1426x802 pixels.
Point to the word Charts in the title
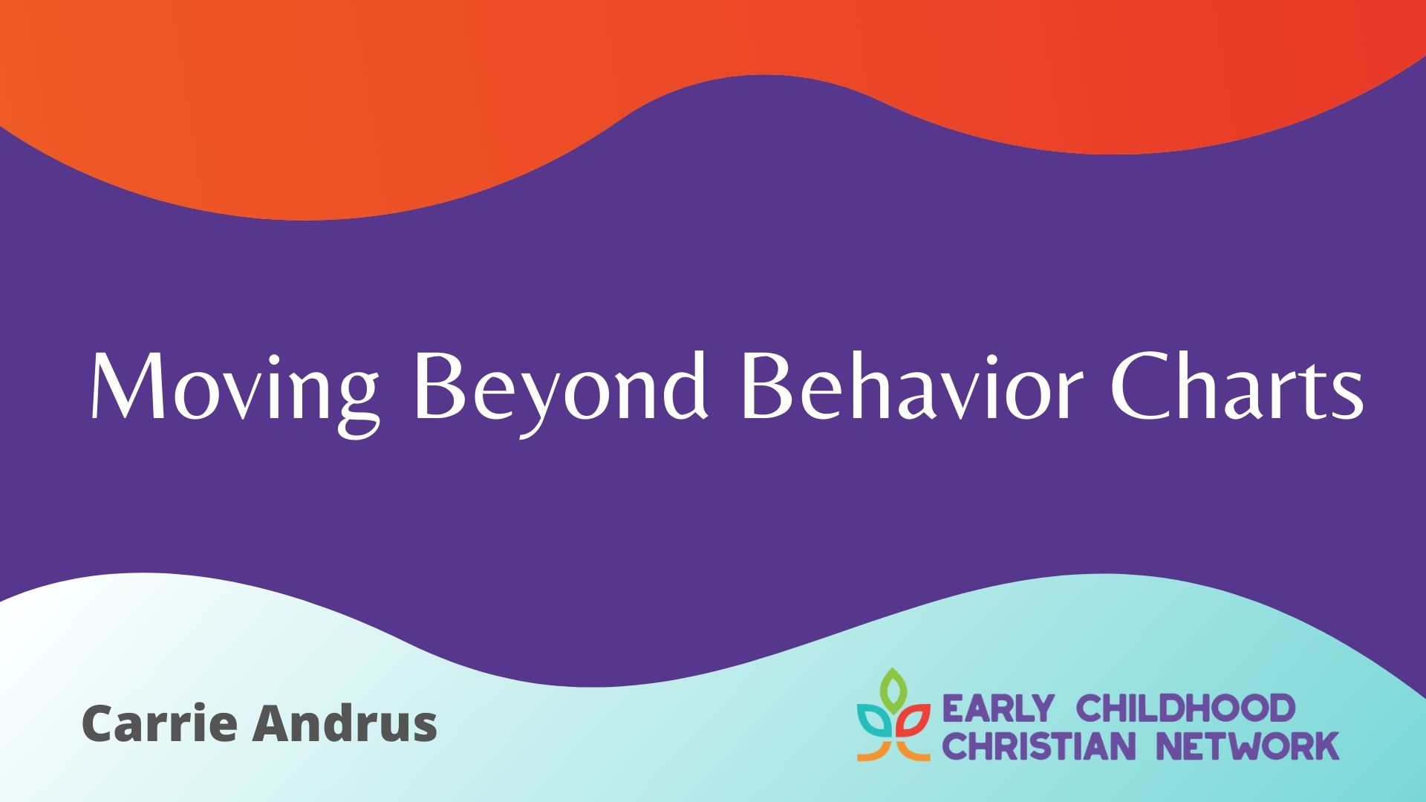1236,386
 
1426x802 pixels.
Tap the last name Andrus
345,723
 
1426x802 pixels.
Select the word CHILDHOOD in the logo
1185,709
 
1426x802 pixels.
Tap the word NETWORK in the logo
1249,746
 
